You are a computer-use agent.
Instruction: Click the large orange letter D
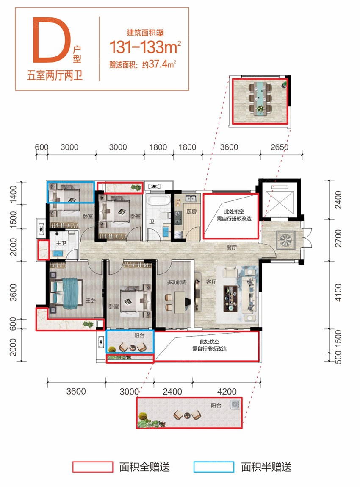[x=50, y=39]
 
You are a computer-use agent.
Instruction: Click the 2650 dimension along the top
[x=279, y=147]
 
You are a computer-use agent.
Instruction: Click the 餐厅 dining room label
[x=231, y=248]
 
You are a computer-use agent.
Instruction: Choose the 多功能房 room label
[x=177, y=282]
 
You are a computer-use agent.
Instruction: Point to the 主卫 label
[x=61, y=243]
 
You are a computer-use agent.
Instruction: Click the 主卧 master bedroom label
[x=90, y=300]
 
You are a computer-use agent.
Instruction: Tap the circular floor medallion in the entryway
[x=285, y=240]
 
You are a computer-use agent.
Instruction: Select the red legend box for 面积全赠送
[x=92, y=467]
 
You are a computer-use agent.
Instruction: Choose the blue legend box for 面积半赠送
[x=214, y=467]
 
